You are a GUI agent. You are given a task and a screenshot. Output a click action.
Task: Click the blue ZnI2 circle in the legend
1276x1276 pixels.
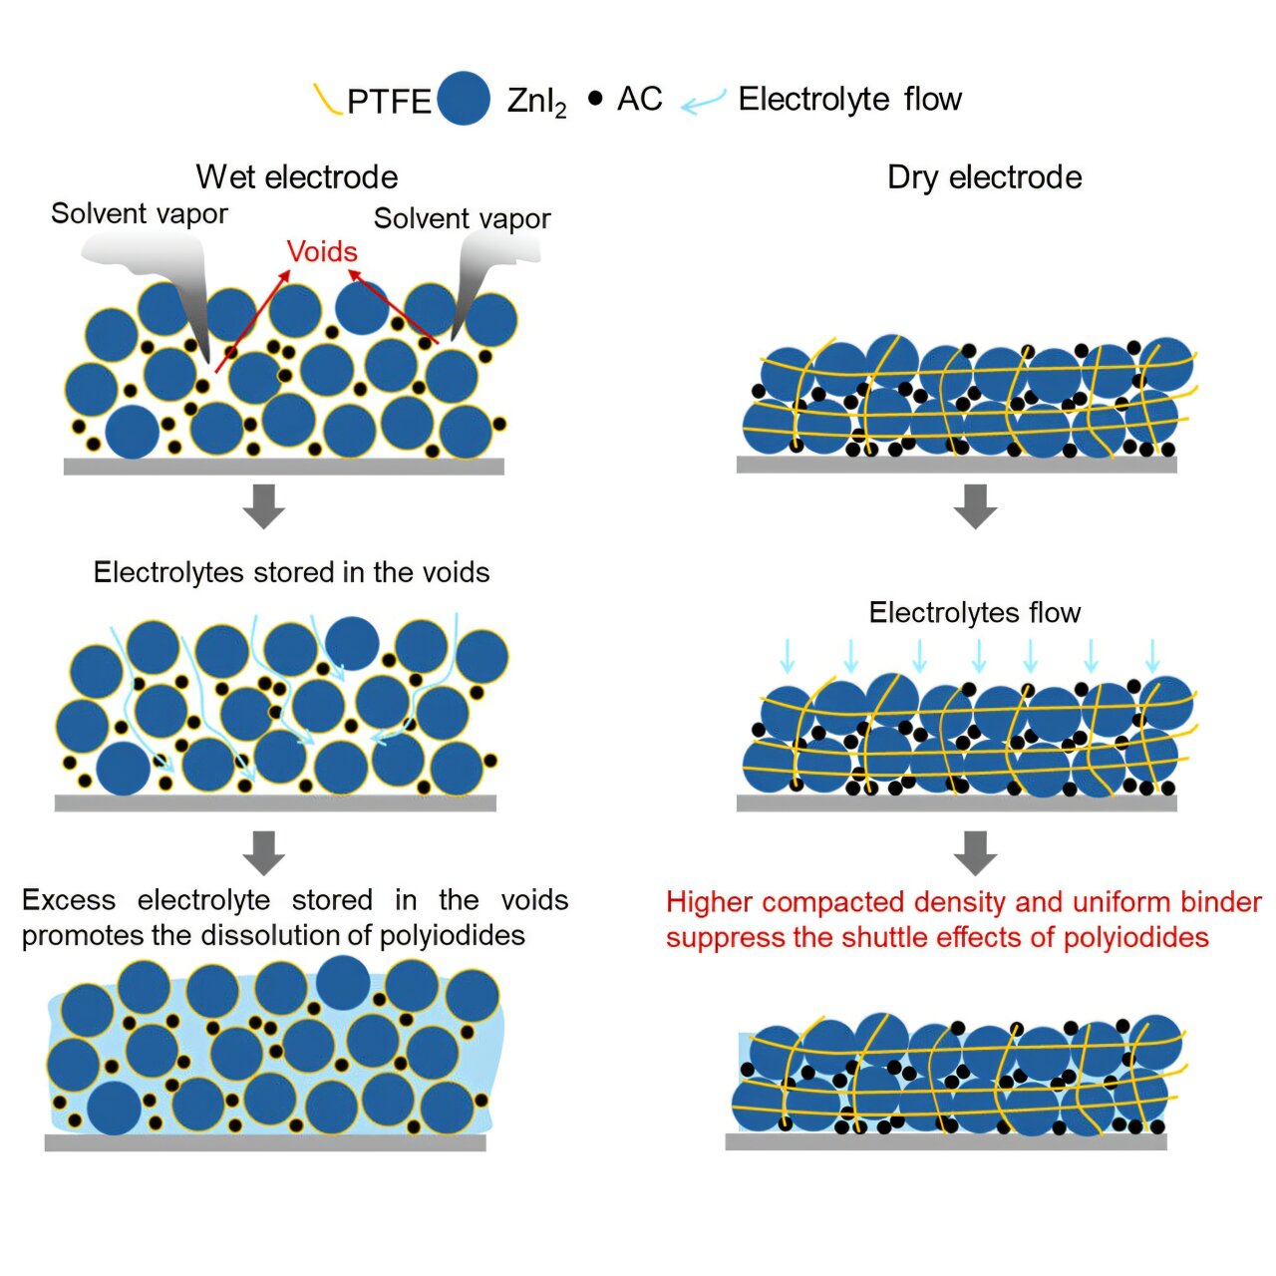click(464, 98)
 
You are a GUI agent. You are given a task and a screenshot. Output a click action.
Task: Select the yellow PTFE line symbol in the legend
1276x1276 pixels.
click(327, 100)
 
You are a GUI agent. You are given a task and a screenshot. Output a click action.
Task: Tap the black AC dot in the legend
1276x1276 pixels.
click(595, 99)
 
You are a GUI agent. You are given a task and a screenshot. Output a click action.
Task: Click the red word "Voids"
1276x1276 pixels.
click(322, 251)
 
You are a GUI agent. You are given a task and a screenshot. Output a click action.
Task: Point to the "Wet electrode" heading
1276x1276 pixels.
click(297, 177)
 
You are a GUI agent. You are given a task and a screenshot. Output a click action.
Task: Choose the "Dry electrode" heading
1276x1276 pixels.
click(984, 177)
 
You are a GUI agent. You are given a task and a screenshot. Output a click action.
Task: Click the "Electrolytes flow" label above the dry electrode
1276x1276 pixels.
click(974, 612)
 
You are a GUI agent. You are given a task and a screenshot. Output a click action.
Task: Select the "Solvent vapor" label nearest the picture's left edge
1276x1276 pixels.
click(139, 214)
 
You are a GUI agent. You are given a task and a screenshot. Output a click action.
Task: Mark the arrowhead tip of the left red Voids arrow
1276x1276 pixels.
click(290, 269)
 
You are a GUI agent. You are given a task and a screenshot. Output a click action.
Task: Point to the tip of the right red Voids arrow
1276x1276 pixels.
click(348, 269)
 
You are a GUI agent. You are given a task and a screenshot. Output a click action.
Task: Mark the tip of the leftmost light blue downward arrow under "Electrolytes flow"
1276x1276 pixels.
click(788, 674)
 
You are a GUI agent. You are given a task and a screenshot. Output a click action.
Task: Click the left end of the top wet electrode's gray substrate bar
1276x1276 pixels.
click(64, 467)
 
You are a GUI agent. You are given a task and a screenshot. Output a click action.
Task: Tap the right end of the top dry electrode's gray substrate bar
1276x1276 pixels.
click(1176, 465)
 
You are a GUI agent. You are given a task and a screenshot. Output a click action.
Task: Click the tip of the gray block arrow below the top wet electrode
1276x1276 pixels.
click(263, 529)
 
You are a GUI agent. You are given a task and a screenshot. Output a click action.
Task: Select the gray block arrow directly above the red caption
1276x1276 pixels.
click(975, 853)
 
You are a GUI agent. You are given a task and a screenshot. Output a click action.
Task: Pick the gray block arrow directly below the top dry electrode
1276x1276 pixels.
click(975, 506)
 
